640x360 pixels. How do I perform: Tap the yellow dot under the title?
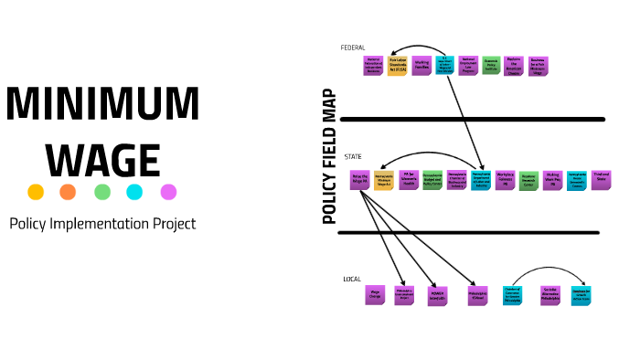click(36, 192)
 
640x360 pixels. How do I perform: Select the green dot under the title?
click(102, 192)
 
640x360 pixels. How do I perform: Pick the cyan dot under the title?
click(135, 192)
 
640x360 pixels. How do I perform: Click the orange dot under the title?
click(69, 192)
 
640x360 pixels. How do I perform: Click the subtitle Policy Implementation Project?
click(102, 223)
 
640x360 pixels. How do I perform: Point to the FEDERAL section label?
click(353, 48)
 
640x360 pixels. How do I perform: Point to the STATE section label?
click(353, 156)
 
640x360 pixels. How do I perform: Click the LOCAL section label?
click(352, 279)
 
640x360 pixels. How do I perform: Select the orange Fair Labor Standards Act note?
click(397, 67)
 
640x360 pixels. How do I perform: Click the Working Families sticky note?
click(421, 67)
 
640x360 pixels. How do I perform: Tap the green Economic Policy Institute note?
click(491, 67)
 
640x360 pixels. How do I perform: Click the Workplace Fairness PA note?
click(505, 178)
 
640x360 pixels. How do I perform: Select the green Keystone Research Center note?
click(528, 179)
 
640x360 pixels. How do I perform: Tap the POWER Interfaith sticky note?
click(437, 295)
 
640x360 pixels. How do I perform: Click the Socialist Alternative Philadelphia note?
click(550, 294)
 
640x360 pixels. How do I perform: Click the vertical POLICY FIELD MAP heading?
click(330, 156)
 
